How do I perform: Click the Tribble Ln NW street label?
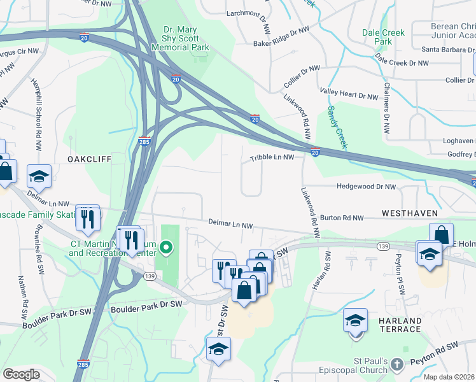[x=272, y=157]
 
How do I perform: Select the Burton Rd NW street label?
[x=342, y=218]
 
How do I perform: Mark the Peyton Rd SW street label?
[x=451, y=347]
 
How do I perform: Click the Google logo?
[x=21, y=374]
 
